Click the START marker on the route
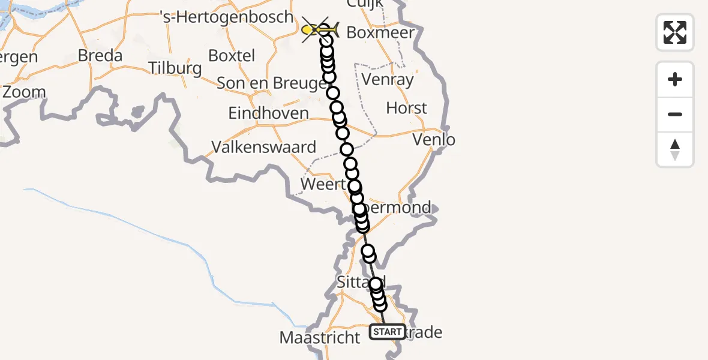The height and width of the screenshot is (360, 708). (387, 331)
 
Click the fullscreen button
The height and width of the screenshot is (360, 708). (675, 32)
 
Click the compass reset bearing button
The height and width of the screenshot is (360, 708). (675, 149)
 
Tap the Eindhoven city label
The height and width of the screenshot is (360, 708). (269, 113)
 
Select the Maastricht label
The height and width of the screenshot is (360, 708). (320, 338)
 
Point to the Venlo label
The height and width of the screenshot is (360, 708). (434, 140)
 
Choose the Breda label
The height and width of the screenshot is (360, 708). (100, 56)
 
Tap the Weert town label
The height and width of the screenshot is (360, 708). (323, 184)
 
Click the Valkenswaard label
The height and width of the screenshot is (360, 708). (264, 147)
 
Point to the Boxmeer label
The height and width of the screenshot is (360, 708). (380, 32)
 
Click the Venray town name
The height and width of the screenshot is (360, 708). (388, 80)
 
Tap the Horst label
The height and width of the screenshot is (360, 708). (407, 108)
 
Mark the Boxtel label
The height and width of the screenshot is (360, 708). (232, 56)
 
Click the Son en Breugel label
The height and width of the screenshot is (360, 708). (271, 83)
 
